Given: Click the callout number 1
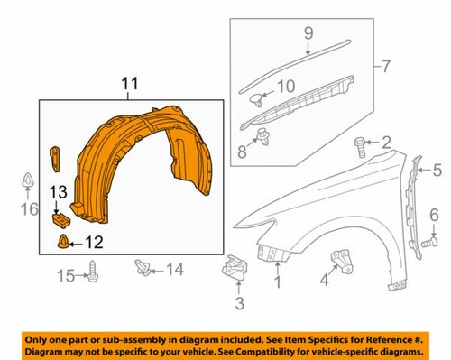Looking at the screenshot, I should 278,283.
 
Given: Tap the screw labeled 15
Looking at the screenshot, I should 95,268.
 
